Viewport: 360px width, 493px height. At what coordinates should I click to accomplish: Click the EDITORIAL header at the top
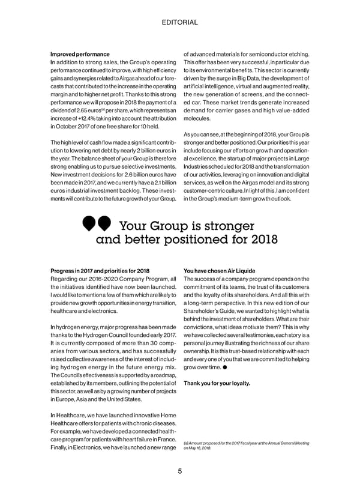pyautogui.click(x=180, y=22)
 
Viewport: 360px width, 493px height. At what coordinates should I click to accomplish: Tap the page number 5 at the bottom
pyautogui.click(x=180, y=471)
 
